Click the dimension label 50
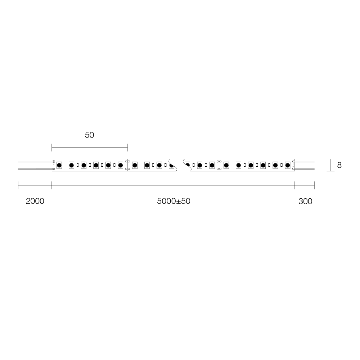(x=89, y=135)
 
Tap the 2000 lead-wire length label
(x=35, y=201)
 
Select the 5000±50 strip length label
(x=174, y=201)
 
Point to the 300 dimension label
(x=305, y=201)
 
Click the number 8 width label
(x=339, y=165)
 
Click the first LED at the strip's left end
(x=59, y=165)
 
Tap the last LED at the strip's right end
(x=287, y=165)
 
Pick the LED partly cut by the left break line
(x=171, y=165)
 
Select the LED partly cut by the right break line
(x=187, y=165)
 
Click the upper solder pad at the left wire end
(x=54, y=162)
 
